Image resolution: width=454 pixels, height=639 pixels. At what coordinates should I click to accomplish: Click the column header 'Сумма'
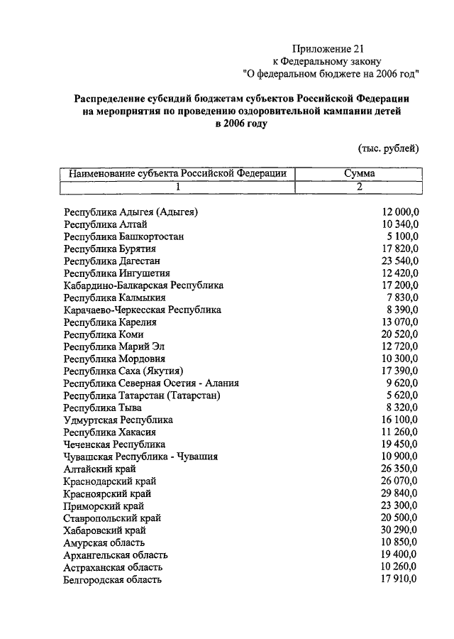pos(359,173)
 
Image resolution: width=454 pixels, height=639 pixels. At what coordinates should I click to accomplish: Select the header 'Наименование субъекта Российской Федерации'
pos(177,173)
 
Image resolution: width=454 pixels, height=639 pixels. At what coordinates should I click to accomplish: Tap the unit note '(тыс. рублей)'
pos(388,148)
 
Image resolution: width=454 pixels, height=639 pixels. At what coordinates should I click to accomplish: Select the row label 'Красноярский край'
pos(107,493)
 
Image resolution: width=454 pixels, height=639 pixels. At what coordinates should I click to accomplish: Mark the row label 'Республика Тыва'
pos(102,408)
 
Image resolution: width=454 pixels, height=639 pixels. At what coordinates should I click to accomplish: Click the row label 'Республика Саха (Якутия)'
pos(124,371)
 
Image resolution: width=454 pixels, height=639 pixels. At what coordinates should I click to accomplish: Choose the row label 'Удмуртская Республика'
pos(118,420)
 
